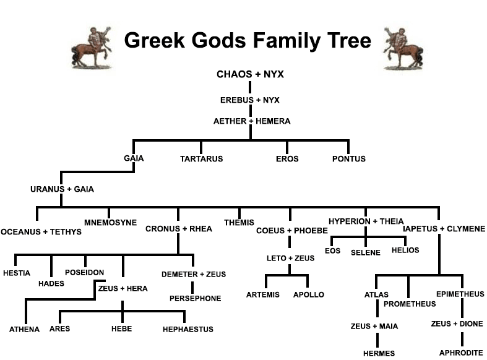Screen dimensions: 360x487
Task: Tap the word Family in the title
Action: point(278,41)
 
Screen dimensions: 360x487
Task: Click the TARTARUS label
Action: point(201,159)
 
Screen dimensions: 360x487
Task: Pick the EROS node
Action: point(287,159)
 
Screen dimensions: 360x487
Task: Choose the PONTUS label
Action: point(349,159)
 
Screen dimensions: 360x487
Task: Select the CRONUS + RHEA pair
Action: point(179,229)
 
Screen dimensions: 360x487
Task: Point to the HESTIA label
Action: point(17,273)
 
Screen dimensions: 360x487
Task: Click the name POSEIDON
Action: point(84,272)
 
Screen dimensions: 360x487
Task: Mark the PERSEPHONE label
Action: point(195,298)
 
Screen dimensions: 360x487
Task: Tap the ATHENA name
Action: point(24,329)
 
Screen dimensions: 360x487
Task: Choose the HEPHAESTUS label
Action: point(188,329)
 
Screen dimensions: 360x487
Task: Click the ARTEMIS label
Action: point(264,294)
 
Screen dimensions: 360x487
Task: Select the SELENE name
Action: point(365,252)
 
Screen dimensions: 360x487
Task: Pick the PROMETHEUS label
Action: point(410,304)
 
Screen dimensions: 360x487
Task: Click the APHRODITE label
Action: point(461,353)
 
